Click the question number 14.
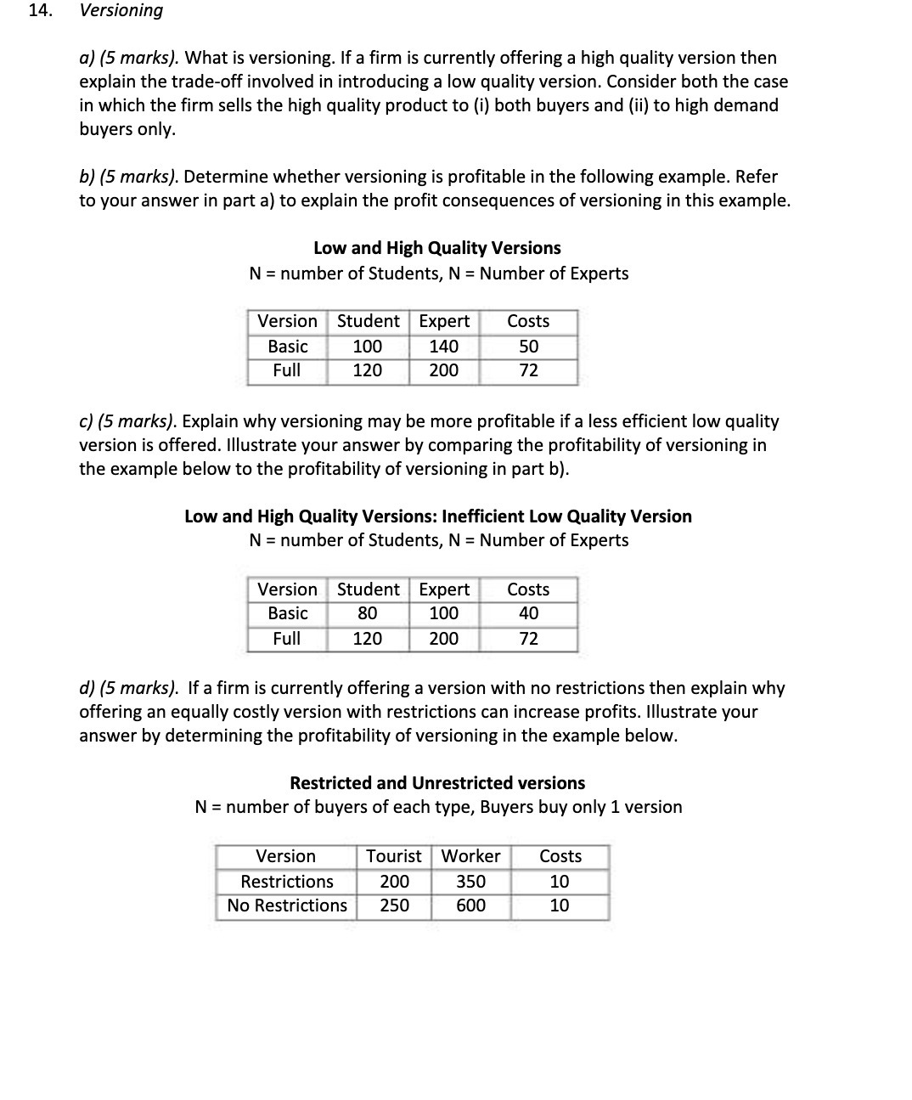(x=39, y=11)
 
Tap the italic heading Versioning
(x=121, y=11)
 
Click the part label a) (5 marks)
(x=129, y=58)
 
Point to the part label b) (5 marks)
(x=129, y=177)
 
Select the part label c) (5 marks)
(x=128, y=421)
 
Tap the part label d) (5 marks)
(x=129, y=688)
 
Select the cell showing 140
(x=443, y=347)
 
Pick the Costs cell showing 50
(x=528, y=347)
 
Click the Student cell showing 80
(x=367, y=613)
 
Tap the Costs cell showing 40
(x=528, y=613)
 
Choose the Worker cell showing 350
(x=470, y=882)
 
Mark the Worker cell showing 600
(x=470, y=905)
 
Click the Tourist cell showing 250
(x=394, y=905)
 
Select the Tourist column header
(x=393, y=856)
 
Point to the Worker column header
(x=470, y=856)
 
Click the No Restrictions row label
(x=287, y=905)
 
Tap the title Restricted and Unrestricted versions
(x=437, y=783)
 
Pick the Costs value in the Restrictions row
(x=560, y=882)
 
